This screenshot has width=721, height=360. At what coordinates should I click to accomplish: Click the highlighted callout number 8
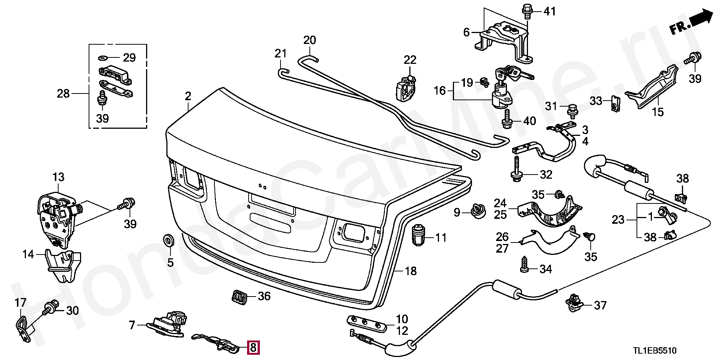[253, 348]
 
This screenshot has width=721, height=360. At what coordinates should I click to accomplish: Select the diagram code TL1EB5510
[655, 351]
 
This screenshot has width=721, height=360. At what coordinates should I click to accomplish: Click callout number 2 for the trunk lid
[188, 96]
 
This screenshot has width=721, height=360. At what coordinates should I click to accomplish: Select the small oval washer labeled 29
[103, 58]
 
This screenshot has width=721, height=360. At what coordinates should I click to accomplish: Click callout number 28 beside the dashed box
[63, 93]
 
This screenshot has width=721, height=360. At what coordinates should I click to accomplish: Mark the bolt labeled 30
[51, 309]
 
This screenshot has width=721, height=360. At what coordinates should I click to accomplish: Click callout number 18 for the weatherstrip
[411, 271]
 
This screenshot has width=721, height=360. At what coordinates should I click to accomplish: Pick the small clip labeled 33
[614, 103]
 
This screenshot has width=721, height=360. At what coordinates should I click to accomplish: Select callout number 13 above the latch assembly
[59, 176]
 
